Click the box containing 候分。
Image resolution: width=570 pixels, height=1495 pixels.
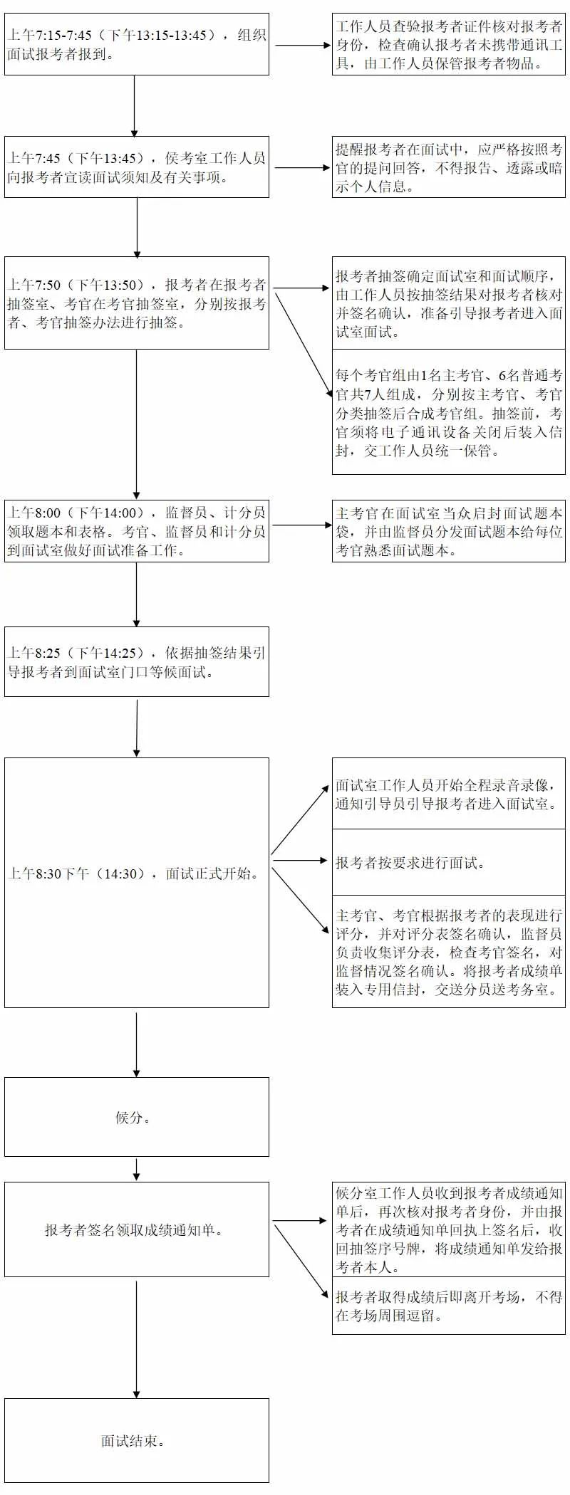pos(136,1116)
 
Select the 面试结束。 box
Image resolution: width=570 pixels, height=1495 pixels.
pos(136,1439)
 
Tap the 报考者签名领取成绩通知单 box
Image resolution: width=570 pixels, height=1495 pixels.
pos(136,1229)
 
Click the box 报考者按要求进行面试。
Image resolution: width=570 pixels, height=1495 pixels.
pos(448,862)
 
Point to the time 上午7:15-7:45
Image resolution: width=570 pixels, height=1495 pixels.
pos(50,35)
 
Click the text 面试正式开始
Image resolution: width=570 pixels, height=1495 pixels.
pos(211,874)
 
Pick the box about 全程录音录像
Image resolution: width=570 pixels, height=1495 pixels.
pos(448,794)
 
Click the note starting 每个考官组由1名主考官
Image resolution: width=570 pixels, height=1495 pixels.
pos(448,412)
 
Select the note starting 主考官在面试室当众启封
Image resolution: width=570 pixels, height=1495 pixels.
pos(448,531)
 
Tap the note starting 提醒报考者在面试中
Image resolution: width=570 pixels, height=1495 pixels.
pos(448,167)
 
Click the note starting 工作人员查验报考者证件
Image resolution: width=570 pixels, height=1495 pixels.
pos(448,44)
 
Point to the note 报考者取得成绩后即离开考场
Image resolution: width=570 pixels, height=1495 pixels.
pos(448,1306)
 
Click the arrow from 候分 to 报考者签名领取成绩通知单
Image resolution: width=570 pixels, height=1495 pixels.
pos(136,1168)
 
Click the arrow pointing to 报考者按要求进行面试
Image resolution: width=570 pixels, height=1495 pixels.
pos(299,860)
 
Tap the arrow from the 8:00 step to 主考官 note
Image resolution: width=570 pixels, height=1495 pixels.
pos(301,525)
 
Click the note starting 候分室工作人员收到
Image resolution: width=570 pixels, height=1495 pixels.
pos(448,1229)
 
